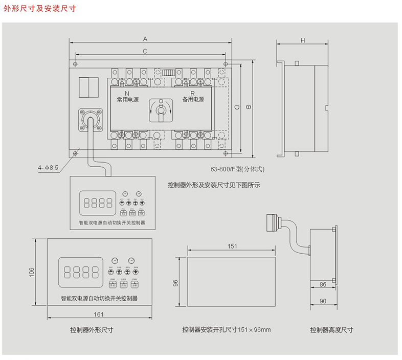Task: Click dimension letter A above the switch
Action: pyautogui.click(x=145, y=39)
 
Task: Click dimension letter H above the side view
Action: pyautogui.click(x=302, y=40)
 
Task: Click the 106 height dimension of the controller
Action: pyautogui.click(x=31, y=272)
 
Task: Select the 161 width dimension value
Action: pyautogui.click(x=99, y=314)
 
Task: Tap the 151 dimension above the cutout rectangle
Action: pyautogui.click(x=232, y=246)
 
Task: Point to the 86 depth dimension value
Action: pyautogui.click(x=323, y=284)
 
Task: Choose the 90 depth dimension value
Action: pyautogui.click(x=323, y=301)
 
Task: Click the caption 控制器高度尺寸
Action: pyautogui.click(x=331, y=330)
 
